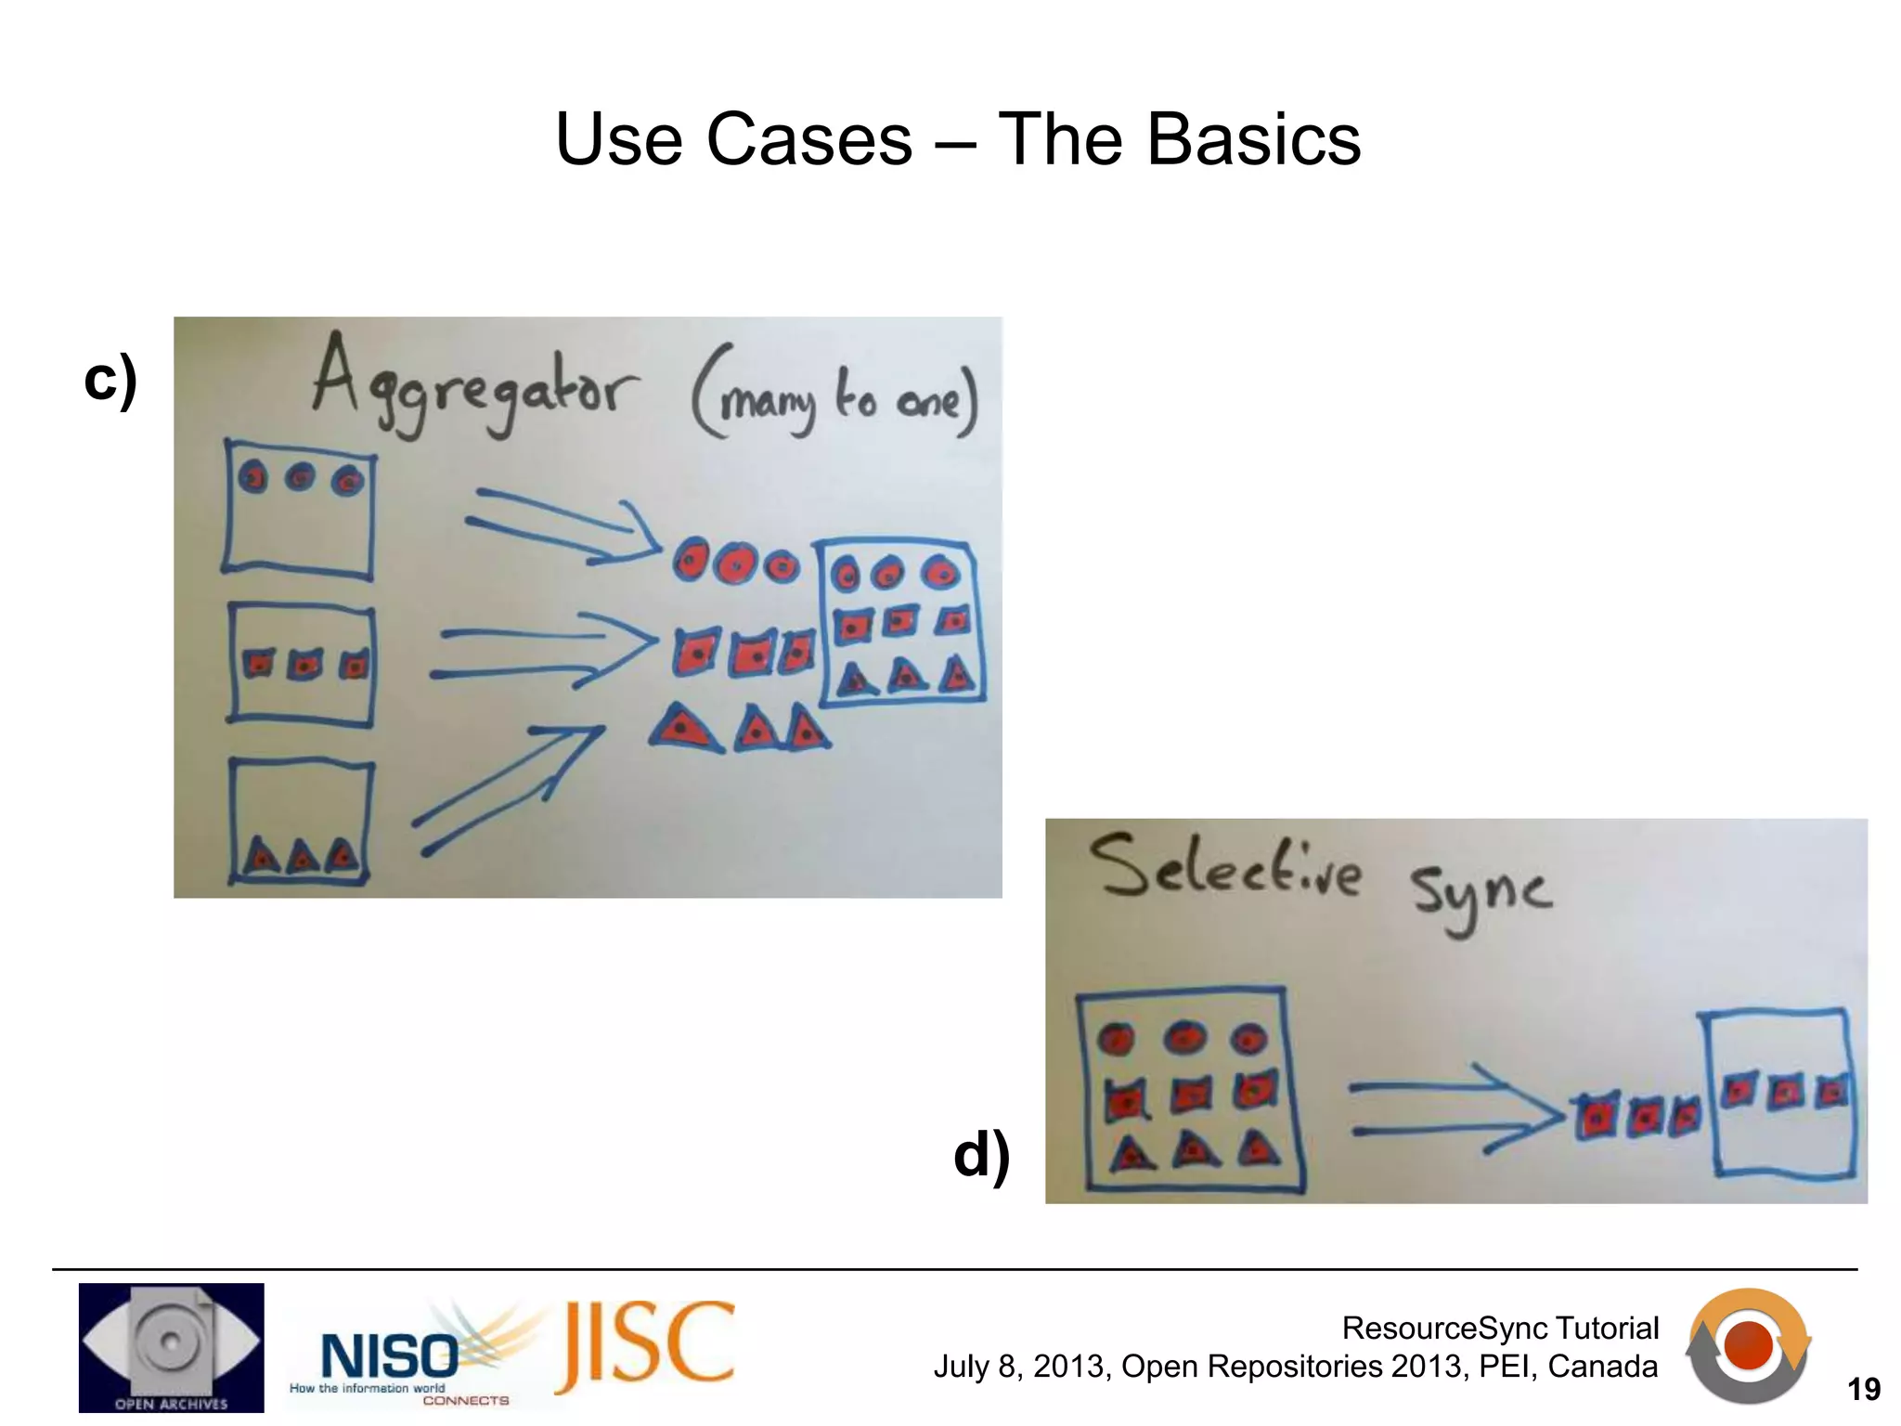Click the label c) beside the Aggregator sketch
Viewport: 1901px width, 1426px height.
coord(110,381)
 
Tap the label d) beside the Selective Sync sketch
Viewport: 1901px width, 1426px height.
coord(982,1155)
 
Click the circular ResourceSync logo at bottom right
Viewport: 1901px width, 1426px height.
coord(1748,1345)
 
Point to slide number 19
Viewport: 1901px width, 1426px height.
coord(1863,1390)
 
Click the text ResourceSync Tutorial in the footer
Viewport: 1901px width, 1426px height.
coord(1499,1329)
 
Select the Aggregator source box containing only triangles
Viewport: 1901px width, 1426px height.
coord(300,822)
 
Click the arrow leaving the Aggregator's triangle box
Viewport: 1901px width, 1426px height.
coord(506,789)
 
